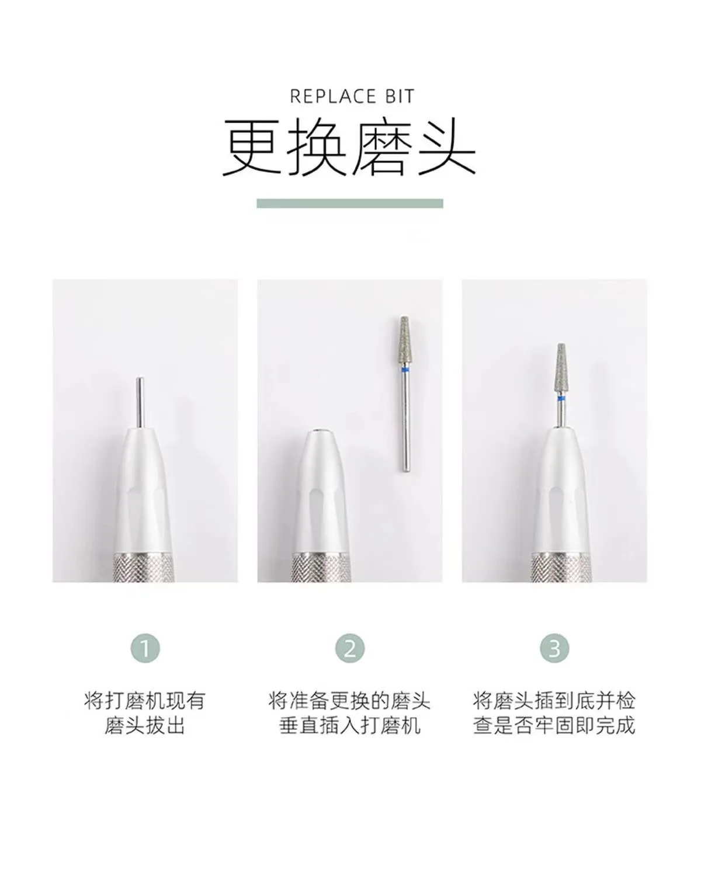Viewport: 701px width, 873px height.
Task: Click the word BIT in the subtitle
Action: click(400, 96)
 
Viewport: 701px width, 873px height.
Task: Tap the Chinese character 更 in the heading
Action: click(252, 148)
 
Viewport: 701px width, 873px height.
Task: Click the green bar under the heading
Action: click(349, 203)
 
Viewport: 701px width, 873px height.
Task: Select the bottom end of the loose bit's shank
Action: click(405, 467)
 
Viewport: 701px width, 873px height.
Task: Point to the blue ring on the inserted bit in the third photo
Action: click(560, 398)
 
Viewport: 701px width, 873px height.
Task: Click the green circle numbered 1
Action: click(145, 648)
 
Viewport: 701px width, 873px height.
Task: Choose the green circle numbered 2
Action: click(350, 648)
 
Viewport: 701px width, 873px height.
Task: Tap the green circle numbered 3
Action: click(554, 648)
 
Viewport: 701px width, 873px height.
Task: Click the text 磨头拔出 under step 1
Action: click(145, 726)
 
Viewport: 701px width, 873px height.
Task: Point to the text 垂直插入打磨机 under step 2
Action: click(350, 726)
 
